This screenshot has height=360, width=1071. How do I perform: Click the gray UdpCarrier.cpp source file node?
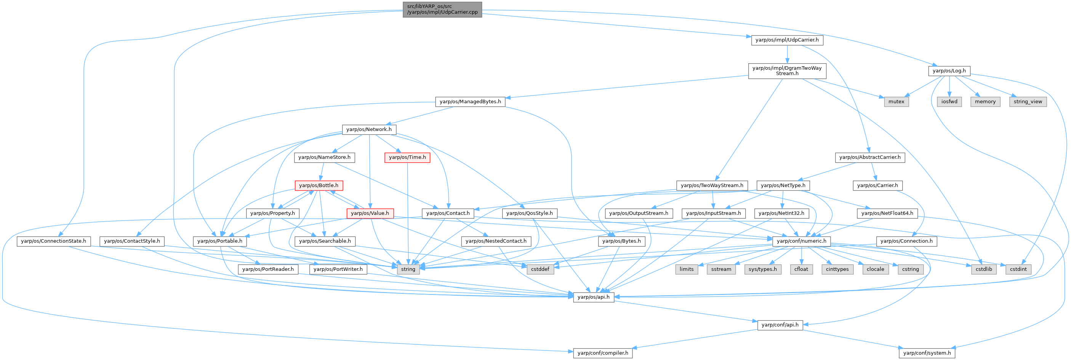442,9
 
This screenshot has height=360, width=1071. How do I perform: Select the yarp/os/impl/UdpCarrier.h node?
787,40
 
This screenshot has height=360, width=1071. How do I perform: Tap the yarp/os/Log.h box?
949,71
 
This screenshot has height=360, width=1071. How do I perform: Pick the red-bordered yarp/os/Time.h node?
407,157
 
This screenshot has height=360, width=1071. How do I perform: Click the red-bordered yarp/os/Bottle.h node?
319,185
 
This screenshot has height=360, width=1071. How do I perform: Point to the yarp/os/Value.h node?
370,213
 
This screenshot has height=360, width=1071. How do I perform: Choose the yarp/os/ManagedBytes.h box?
470,101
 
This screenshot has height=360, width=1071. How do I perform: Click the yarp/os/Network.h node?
369,129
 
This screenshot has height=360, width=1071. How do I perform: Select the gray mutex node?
896,101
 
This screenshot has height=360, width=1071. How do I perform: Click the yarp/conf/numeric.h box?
802,241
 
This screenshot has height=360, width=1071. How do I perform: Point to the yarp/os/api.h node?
593,297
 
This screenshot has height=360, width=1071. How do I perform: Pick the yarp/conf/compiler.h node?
603,353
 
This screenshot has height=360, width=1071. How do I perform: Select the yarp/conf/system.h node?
927,353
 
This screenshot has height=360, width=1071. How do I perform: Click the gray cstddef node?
540,269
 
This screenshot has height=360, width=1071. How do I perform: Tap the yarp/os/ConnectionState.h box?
54,241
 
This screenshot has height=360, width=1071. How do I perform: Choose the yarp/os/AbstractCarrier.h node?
870,157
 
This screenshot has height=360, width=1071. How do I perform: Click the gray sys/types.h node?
762,269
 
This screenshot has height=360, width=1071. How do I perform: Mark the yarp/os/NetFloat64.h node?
887,213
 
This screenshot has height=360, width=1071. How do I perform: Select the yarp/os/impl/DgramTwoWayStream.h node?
787,71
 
